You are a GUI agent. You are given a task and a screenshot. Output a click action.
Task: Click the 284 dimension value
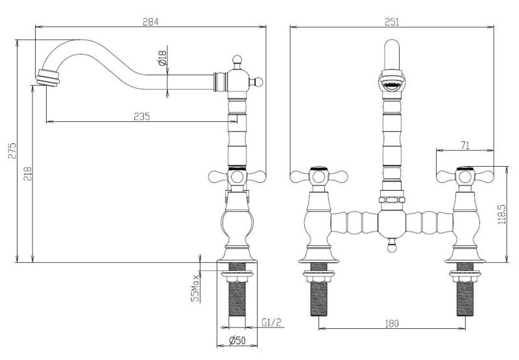click(x=151, y=21)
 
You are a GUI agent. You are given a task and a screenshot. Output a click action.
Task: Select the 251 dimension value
click(x=392, y=21)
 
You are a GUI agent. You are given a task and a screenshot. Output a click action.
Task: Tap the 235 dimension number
click(x=141, y=117)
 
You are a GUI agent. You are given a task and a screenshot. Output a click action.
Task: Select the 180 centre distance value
click(x=392, y=323)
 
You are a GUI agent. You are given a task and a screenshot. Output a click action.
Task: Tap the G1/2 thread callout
click(x=271, y=322)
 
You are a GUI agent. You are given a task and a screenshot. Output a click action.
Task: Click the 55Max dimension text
click(x=193, y=287)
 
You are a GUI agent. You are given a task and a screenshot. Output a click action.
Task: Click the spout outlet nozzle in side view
click(x=47, y=77)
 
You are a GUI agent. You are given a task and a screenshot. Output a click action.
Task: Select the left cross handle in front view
click(x=316, y=174)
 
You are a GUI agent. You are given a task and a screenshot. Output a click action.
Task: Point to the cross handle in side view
click(x=235, y=175)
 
